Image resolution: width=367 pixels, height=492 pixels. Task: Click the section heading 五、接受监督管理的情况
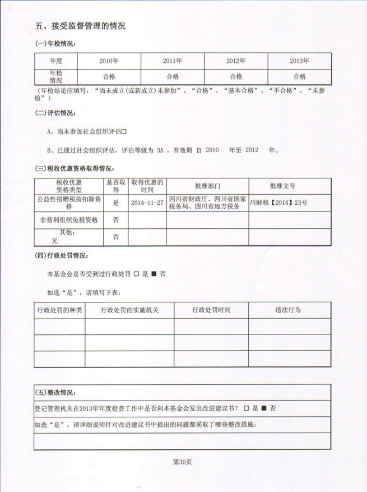[80, 26]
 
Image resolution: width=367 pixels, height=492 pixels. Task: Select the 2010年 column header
[109, 61]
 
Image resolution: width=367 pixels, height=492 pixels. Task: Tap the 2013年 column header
[299, 61]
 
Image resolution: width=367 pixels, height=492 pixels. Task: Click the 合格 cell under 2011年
[173, 77]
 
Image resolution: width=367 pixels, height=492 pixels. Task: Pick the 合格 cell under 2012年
[236, 77]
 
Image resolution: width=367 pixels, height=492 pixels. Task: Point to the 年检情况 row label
[55, 77]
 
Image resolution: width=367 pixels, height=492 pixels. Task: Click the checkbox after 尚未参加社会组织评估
[124, 131]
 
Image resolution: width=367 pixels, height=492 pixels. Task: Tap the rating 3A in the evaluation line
[161, 150]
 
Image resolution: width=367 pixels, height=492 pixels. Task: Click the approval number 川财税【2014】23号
[278, 203]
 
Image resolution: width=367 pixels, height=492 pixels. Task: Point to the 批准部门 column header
[208, 186]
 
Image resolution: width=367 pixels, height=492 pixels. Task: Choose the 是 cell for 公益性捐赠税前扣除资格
[116, 203]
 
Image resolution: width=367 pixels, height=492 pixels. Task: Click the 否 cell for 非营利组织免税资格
[116, 220]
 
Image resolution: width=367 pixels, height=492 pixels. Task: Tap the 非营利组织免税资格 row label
[69, 220]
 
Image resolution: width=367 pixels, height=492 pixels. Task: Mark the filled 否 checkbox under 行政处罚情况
[154, 274]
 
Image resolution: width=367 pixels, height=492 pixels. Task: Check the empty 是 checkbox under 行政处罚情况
[136, 274]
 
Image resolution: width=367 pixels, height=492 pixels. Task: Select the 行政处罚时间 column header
[211, 310]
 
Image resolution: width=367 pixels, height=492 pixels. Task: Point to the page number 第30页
[183, 462]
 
